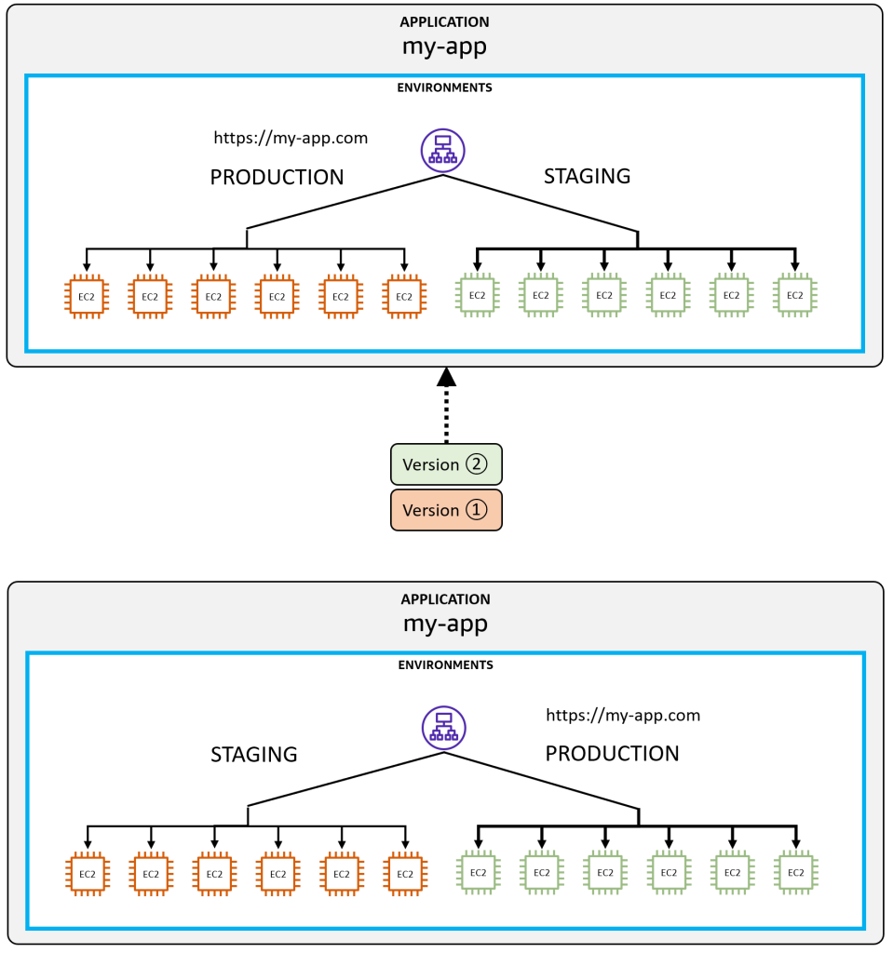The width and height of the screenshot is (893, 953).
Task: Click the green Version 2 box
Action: point(446,464)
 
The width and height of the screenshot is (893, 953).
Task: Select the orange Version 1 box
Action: point(446,510)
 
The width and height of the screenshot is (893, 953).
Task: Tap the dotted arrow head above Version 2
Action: point(446,376)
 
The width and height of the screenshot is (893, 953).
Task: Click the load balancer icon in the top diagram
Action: point(442,150)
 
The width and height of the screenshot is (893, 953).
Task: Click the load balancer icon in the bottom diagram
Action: point(443,727)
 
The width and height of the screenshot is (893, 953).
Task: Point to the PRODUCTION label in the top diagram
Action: point(277,177)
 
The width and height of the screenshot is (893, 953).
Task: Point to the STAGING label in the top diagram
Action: point(587,176)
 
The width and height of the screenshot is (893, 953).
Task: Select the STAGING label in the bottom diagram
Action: point(254,755)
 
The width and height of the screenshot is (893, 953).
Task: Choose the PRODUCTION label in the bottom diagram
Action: point(612,754)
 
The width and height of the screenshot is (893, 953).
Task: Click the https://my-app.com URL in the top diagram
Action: point(291,138)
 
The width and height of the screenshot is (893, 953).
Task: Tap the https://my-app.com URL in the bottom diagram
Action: point(622,715)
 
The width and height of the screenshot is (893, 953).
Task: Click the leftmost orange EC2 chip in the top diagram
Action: point(87,296)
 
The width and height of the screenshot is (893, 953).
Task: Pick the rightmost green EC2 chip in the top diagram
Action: point(794,295)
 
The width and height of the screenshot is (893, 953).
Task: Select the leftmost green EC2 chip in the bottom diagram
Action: point(478,873)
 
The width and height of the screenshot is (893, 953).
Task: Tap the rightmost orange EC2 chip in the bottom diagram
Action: point(404,874)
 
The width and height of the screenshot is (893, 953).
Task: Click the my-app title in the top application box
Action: point(444,47)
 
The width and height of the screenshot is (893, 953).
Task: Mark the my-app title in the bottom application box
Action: point(445,624)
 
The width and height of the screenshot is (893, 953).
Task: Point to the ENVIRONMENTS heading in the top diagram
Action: point(444,87)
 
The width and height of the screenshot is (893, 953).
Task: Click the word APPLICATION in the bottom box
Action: point(445,599)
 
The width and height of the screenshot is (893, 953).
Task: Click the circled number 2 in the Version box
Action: point(476,464)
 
